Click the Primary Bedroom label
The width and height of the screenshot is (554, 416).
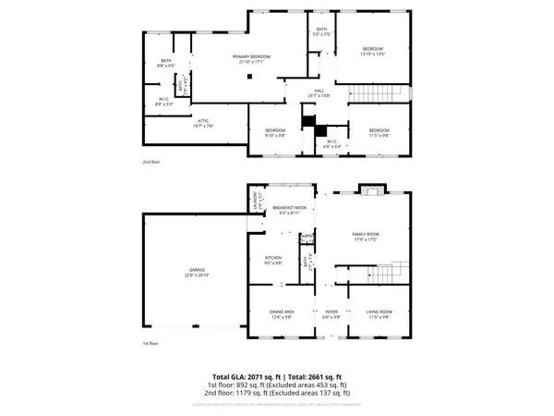point(253,59)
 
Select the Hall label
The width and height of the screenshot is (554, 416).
point(318,92)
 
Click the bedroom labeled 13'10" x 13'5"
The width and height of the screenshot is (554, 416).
point(372,51)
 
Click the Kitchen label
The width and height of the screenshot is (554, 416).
point(273,260)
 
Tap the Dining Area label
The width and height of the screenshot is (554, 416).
point(282,314)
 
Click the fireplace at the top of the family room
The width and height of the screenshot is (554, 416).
point(371,190)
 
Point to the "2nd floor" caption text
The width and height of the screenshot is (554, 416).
point(152,161)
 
